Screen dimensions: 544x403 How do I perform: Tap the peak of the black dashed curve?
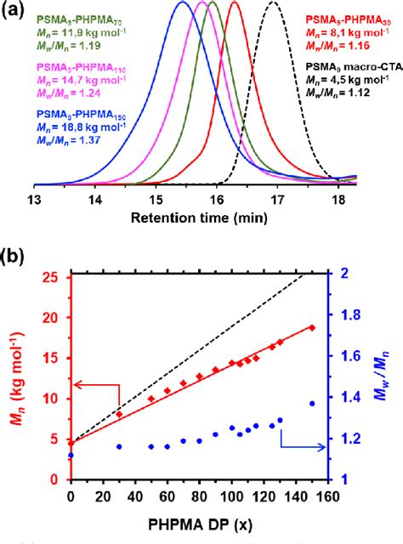[295, 3]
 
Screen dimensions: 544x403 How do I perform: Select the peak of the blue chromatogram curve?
[182, 3]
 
